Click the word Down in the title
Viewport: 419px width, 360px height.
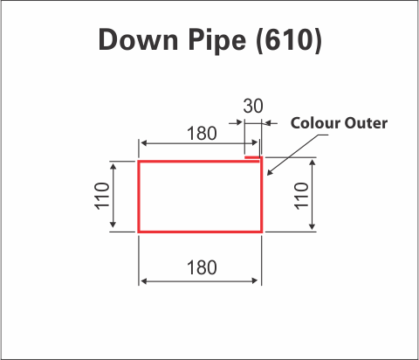coord(138,40)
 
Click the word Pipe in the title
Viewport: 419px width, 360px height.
coord(217,41)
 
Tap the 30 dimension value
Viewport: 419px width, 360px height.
coord(253,106)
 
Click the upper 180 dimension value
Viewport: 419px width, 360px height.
coord(202,134)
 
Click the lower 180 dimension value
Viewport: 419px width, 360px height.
coord(202,267)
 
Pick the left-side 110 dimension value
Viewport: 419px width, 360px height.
coord(102,196)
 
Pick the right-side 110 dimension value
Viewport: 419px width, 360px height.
coord(301,196)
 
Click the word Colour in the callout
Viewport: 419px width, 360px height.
coord(315,123)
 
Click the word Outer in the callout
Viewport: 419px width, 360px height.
coord(366,123)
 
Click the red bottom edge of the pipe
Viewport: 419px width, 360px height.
coord(200,232)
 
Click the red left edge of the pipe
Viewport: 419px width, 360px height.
coord(139,197)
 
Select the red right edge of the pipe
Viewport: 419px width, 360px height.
coord(261,195)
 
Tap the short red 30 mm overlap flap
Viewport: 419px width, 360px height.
coord(252,157)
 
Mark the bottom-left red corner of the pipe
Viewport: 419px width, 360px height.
coord(139,232)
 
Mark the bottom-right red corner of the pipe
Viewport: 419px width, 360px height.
coord(261,232)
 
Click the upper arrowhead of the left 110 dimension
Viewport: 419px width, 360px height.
coord(113,166)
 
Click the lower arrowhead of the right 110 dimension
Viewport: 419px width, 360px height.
coord(313,226)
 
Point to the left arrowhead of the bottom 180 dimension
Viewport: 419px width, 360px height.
coord(144,281)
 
